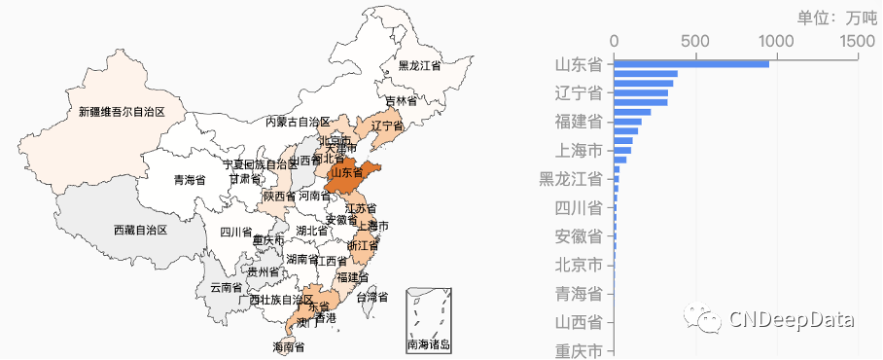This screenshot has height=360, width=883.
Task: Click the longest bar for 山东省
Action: pyautogui.click(x=690, y=64)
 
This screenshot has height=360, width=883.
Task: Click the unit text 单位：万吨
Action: pyautogui.click(x=835, y=18)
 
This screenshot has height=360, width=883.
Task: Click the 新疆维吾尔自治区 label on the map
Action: pyautogui.click(x=122, y=112)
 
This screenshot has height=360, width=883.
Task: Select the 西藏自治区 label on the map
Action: pyautogui.click(x=140, y=231)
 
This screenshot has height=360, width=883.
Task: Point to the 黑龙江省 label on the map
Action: pyautogui.click(x=419, y=66)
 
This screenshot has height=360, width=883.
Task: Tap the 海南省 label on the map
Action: pyautogui.click(x=289, y=346)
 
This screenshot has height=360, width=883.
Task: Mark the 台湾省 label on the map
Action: pyautogui.click(x=371, y=297)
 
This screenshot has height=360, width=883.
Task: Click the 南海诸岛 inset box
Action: pyautogui.click(x=428, y=320)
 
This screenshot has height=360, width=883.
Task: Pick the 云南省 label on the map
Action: pyautogui.click(x=226, y=288)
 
